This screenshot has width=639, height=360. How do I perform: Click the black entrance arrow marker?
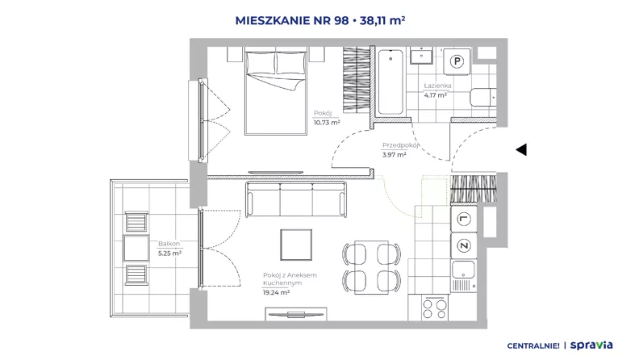522,149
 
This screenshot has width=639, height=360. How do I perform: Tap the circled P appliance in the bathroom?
457,61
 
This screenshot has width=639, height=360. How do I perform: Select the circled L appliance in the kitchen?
463,219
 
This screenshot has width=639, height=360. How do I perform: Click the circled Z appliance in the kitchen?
463,245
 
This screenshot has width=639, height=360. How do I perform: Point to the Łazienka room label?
437,86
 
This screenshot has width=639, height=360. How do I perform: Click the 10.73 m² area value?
327,123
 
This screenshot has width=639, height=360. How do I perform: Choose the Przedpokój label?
400,145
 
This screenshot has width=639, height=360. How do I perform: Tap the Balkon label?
169,244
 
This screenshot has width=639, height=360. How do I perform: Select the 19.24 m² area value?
276,292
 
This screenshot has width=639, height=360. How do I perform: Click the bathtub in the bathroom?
390,82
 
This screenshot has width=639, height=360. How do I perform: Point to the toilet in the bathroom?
483,98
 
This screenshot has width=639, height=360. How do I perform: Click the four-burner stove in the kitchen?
434,308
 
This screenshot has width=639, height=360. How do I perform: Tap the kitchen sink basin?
463,270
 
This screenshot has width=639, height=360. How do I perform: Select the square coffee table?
296,245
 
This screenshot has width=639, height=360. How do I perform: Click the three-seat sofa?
296,199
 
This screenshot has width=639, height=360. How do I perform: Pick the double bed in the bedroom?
276,91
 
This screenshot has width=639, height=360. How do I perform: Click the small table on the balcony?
136,248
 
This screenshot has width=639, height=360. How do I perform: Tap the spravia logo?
591,345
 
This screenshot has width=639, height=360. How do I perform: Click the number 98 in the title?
341,20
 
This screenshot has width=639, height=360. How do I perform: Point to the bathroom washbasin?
422,56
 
